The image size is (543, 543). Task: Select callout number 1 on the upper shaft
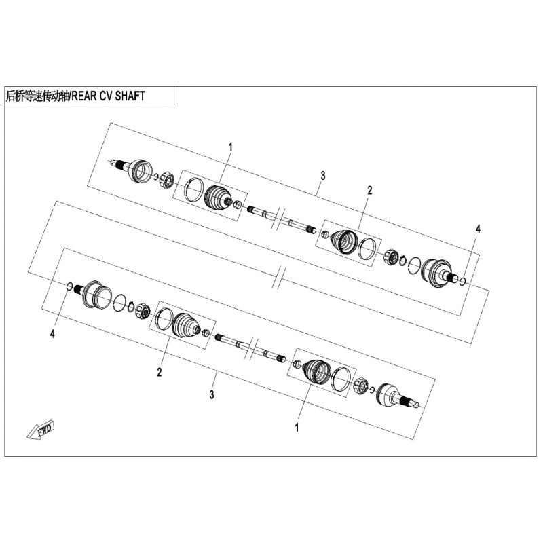tap(230, 147)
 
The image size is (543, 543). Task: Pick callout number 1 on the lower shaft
tap(297, 428)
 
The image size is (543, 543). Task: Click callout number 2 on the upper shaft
tap(369, 190)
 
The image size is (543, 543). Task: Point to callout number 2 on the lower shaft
tap(160, 372)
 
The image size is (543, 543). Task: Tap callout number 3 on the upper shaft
tap(323, 176)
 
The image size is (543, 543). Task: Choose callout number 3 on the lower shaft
tap(212, 394)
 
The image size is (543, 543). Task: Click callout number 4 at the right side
tap(478, 229)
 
